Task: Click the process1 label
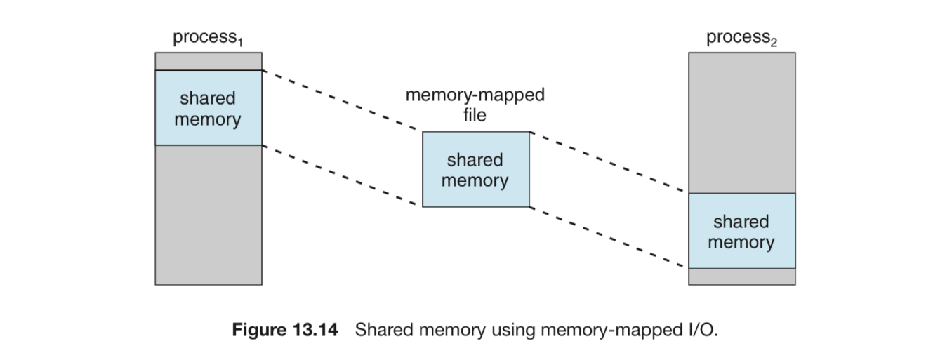(x=208, y=38)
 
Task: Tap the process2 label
(x=741, y=38)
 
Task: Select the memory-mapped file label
(x=475, y=105)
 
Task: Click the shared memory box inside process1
(x=209, y=108)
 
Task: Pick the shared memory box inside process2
(x=742, y=231)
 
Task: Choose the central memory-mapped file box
(x=476, y=169)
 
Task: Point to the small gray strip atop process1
(x=209, y=61)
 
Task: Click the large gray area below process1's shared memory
(x=209, y=215)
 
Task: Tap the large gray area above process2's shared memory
(x=742, y=123)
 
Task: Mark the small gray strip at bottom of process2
(x=742, y=277)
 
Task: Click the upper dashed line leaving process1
(x=340, y=100)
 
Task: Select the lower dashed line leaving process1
(x=340, y=175)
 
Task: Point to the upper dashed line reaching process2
(x=607, y=162)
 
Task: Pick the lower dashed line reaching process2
(x=607, y=236)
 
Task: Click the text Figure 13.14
(x=285, y=330)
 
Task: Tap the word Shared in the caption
(x=384, y=330)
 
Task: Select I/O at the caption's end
(x=703, y=330)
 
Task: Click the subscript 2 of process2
(x=774, y=42)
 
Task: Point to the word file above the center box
(x=475, y=115)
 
